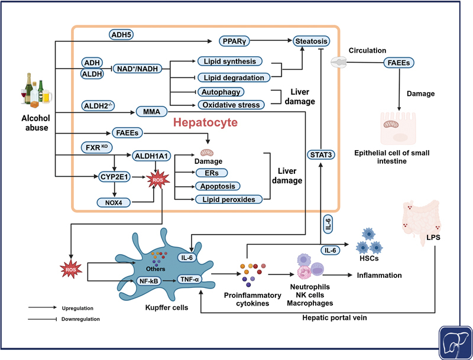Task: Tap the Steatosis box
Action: (311, 41)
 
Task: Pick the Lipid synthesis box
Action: (235, 61)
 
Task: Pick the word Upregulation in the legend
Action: (77, 308)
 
